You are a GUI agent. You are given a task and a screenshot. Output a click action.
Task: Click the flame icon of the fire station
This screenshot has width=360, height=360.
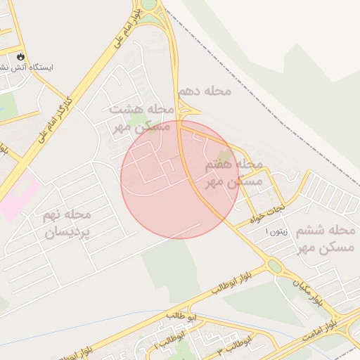coord(20,56)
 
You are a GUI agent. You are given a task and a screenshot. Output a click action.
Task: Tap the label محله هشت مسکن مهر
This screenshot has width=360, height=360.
coord(141,118)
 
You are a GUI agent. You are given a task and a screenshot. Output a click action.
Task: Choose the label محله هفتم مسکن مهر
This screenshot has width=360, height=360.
coord(233,173)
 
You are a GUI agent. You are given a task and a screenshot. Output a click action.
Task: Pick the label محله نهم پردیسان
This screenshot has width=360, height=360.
coord(67,222)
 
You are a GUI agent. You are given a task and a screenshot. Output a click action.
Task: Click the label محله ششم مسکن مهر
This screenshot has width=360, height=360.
coord(327,238)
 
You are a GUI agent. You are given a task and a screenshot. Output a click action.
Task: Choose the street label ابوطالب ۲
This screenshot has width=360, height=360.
coord(166,343)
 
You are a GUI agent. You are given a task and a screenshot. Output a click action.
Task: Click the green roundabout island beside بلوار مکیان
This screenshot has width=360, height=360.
coord(274,266)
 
